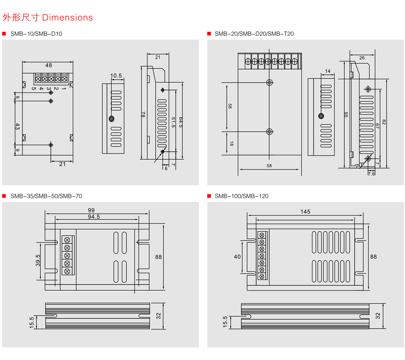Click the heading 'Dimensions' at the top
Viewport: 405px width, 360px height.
[x=67, y=18]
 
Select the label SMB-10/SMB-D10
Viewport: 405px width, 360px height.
[x=36, y=34]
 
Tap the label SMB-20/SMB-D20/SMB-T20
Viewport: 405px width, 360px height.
[x=254, y=34]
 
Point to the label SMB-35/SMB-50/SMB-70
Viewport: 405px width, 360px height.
[x=46, y=196]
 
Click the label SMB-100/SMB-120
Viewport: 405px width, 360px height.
[x=242, y=196]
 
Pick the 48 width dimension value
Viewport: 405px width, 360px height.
[x=49, y=65]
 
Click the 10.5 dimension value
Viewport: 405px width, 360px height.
[x=116, y=76]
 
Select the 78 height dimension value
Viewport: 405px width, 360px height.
[x=143, y=114]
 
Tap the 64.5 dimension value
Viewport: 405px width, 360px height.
[x=181, y=122]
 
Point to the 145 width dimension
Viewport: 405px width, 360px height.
[x=305, y=212]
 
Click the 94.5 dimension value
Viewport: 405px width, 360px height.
[x=94, y=217]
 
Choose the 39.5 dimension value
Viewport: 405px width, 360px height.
[x=38, y=260]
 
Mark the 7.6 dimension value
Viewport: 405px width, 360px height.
[x=371, y=174]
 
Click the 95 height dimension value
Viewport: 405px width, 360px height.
[x=346, y=114]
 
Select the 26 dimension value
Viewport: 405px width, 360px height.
[x=362, y=58]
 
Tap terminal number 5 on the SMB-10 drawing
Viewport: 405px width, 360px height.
[x=34, y=89]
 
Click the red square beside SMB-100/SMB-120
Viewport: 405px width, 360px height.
[x=209, y=196]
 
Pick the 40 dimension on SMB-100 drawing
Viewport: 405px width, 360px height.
[x=237, y=257]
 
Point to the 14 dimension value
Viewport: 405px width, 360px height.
[x=328, y=71]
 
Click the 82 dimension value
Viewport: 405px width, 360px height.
[x=384, y=122]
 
